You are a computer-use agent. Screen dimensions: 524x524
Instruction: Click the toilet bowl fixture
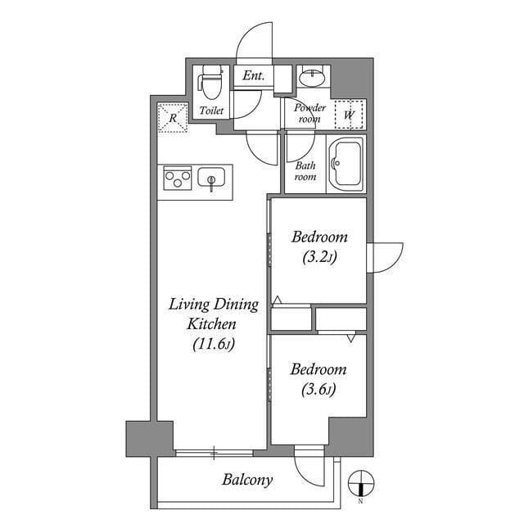[x=210, y=80]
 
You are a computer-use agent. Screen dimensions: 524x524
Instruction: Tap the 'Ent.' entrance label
[x=253, y=76]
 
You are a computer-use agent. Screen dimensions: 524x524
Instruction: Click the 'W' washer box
[x=350, y=114]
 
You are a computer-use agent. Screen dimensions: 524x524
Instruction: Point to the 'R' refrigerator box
[x=173, y=118]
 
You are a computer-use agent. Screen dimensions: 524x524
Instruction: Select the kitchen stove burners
[x=177, y=178]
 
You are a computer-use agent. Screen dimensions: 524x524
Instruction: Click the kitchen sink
[x=211, y=178]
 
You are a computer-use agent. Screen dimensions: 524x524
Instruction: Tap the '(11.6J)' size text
[x=213, y=344]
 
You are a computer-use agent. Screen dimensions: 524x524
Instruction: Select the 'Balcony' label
[x=247, y=480]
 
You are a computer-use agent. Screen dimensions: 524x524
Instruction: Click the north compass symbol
[x=360, y=482]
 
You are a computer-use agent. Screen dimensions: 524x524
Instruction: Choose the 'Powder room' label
[x=310, y=113]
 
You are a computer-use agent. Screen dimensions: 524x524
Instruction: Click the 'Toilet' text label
[x=211, y=110]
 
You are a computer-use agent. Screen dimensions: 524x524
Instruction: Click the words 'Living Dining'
[x=213, y=305]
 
